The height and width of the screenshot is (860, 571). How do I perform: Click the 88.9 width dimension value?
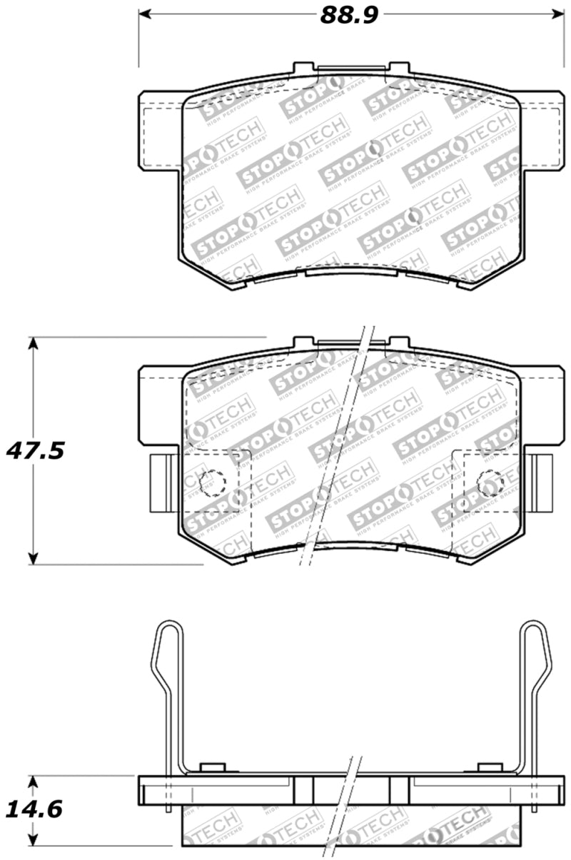(348, 15)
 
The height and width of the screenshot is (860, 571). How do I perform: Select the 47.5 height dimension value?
(36, 450)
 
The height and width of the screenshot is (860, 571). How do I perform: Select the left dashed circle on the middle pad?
(211, 483)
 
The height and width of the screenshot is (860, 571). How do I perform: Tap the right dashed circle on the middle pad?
(490, 483)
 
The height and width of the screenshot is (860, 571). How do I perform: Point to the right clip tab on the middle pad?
(542, 482)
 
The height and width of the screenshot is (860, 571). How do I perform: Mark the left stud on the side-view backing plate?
(213, 768)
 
